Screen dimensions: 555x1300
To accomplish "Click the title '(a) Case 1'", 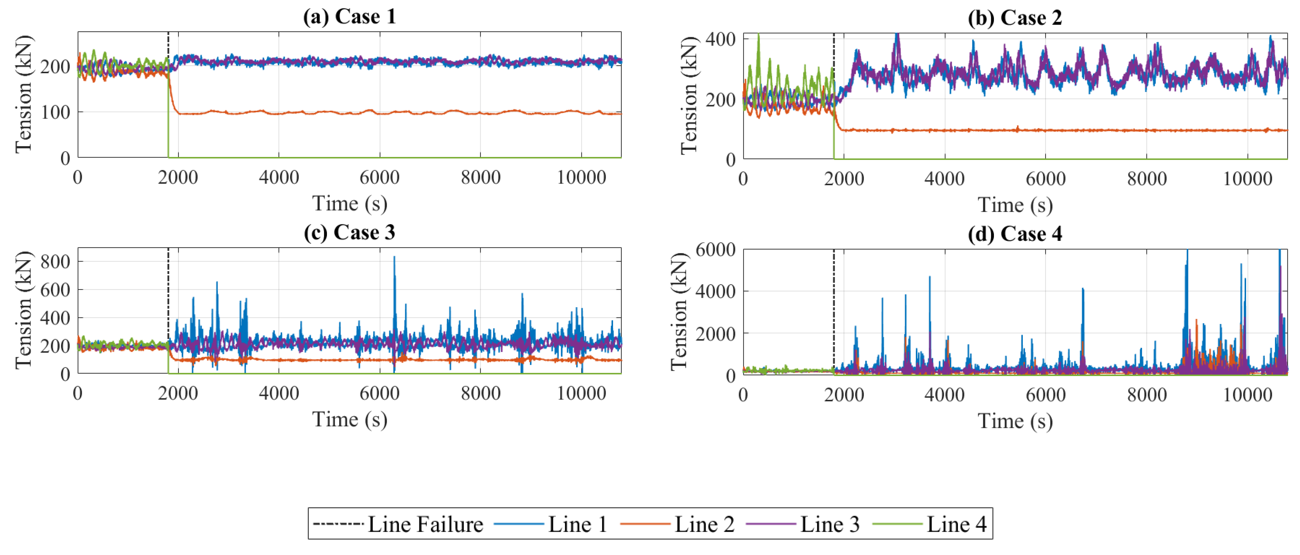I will pos(349,17).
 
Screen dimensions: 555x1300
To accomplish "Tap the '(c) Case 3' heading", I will pos(349,233).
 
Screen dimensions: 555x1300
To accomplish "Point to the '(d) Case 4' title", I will pos(1014,234).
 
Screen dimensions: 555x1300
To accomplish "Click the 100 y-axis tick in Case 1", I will pos(55,112).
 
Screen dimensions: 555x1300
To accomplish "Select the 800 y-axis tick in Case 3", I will pos(55,261).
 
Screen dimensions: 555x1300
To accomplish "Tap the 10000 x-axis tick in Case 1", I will pos(581,177).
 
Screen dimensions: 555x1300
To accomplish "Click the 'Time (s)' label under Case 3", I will pos(349,419).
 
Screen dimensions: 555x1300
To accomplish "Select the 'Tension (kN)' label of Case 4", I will pos(679,312).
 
